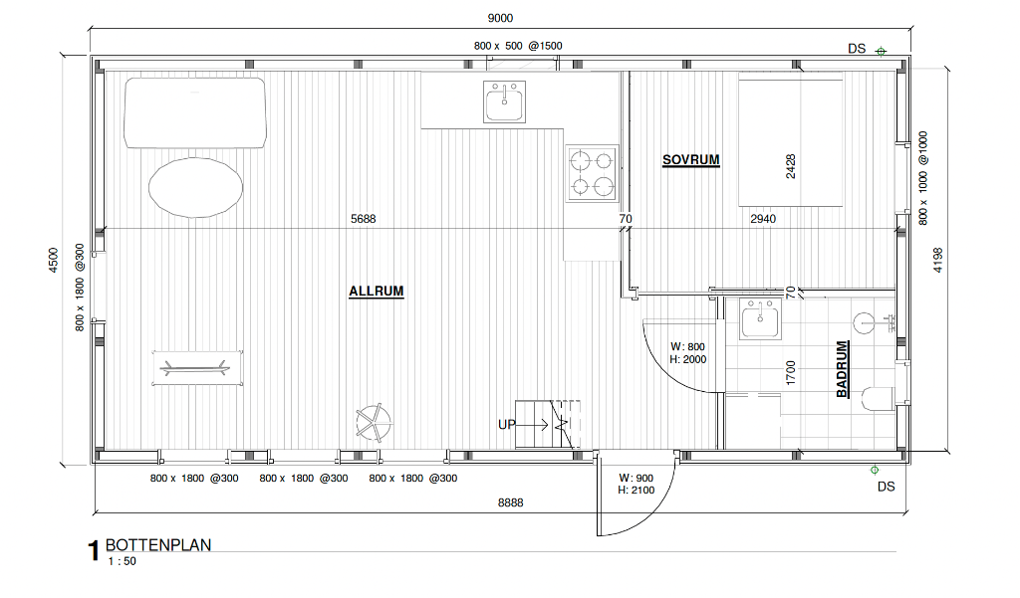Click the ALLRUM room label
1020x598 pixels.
coord(376,292)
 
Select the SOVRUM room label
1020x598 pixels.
coord(691,160)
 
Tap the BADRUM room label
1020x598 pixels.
coord(843,369)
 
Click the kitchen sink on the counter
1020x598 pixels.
coord(504,101)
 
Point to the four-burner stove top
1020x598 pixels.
coord(592,173)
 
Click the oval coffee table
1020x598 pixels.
coord(196,188)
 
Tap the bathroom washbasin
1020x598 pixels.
coord(760,319)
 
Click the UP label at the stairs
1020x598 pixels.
coord(507,425)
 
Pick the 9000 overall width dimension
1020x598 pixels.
coord(500,18)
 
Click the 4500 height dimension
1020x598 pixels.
coord(54,260)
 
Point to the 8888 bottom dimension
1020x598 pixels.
coord(511,502)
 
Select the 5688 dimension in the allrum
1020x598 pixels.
coord(363,219)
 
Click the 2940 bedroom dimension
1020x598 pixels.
coord(763,219)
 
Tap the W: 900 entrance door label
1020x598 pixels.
coord(637,478)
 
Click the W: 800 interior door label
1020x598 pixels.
coord(687,346)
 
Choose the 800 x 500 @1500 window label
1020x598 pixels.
coord(518,46)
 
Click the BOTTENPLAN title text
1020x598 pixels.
coord(158,544)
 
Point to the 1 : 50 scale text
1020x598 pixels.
coord(123,561)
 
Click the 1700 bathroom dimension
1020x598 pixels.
coord(791,373)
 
